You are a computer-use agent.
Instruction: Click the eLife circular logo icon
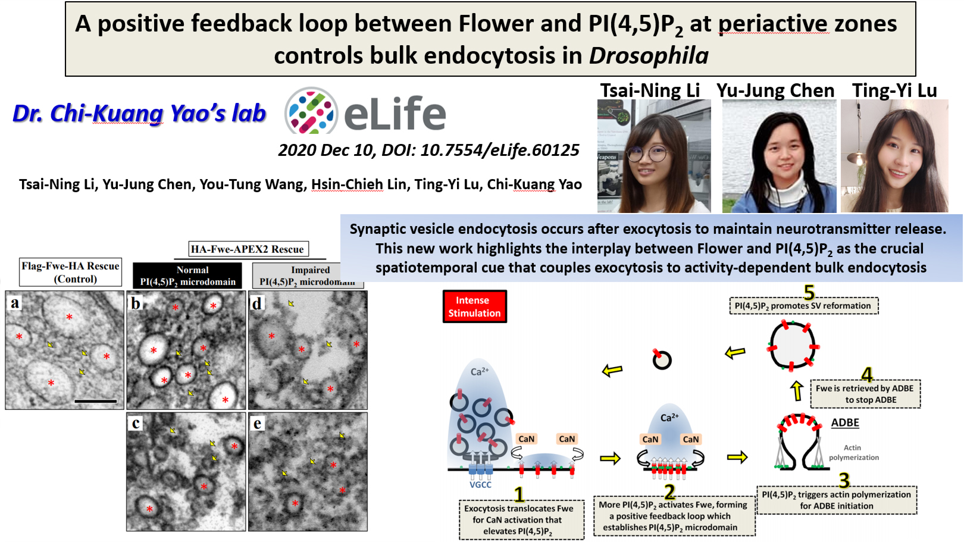311,111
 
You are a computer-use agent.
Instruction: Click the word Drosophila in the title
649,56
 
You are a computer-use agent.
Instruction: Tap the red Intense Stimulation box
474,306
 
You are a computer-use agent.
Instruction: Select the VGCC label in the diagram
480,485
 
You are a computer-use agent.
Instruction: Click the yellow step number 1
519,495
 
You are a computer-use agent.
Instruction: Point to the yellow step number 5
809,293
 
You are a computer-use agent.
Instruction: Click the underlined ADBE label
845,422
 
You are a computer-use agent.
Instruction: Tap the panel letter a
15,303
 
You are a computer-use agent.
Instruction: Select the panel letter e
257,424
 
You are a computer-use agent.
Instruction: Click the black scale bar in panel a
96,401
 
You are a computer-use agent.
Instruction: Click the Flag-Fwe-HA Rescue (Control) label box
71,272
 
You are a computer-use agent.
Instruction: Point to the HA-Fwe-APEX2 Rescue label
248,249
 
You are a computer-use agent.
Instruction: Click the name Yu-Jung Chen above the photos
775,91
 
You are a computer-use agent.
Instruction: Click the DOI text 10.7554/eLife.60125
500,150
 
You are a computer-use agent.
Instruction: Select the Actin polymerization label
854,453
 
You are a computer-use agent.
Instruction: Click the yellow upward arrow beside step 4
797,390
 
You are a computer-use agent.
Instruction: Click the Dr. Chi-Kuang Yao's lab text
139,114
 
